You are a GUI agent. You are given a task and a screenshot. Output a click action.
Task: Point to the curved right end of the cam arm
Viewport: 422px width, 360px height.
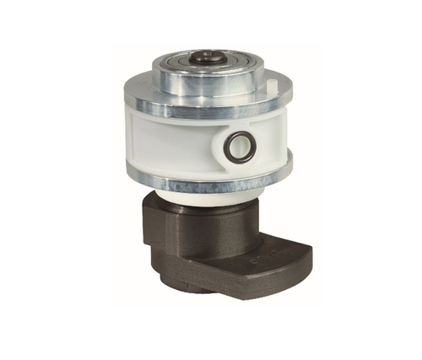pos(306,257)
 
